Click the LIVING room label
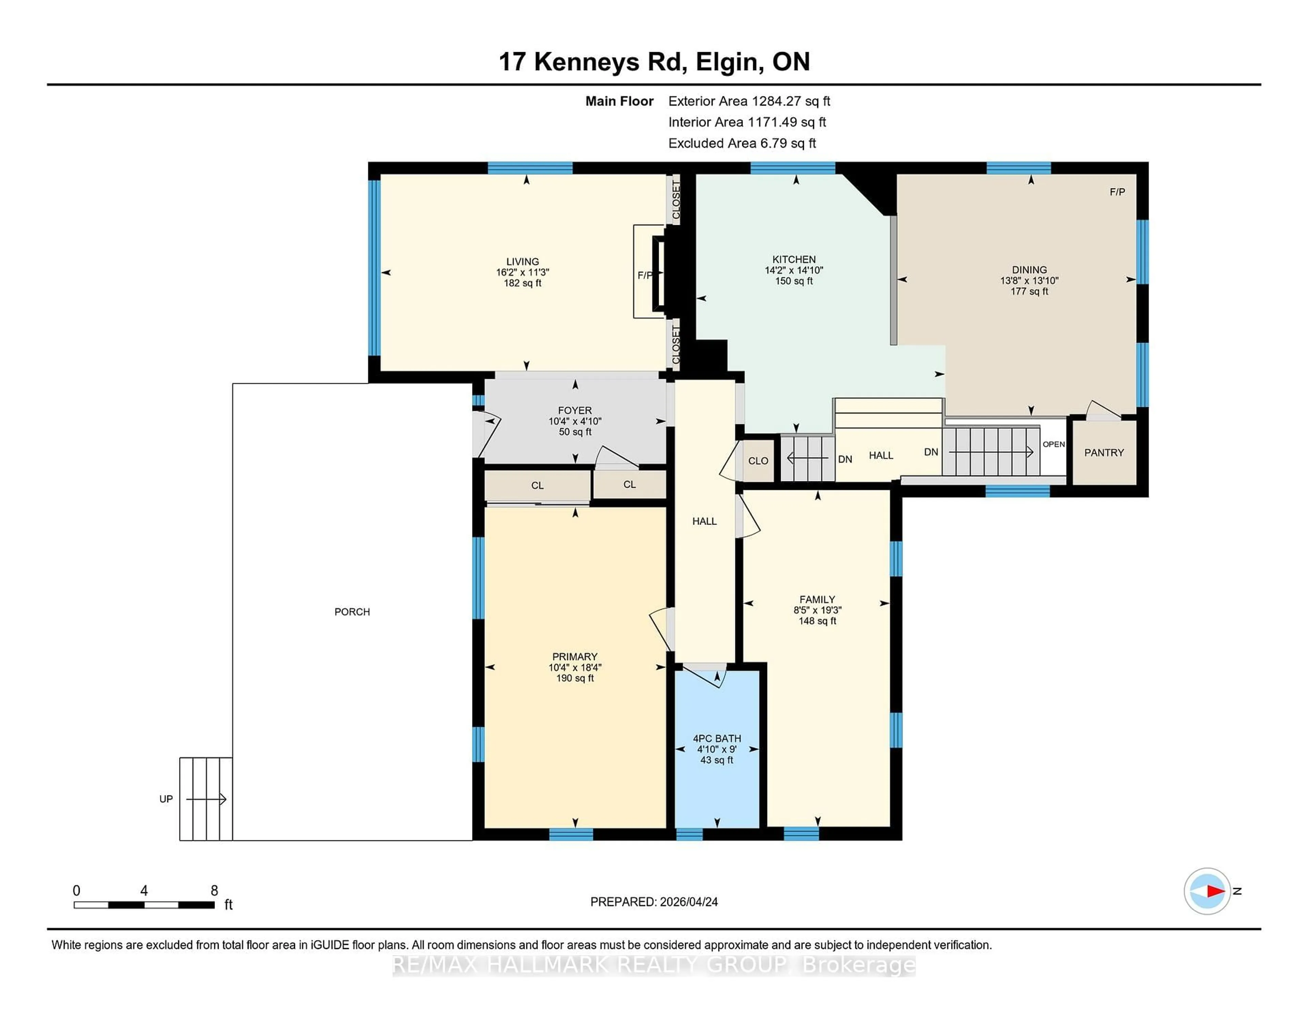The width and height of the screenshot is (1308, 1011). coord(522,262)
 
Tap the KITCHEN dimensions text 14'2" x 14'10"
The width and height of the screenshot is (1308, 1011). coord(794,270)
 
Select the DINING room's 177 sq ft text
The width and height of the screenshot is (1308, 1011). coord(1029,292)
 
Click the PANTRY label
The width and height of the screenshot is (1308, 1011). coord(1104,453)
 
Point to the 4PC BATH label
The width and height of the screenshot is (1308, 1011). coord(717,738)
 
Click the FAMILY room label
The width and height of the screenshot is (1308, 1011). coord(817,600)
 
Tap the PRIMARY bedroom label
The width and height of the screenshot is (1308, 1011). coord(574,656)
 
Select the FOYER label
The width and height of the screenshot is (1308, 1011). coord(574,410)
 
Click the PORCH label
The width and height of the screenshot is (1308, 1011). coord(352,611)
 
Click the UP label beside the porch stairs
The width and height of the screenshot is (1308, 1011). coord(166,799)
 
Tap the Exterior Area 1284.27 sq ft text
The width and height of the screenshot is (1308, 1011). coord(749,101)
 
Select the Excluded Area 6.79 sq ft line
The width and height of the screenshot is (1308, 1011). coord(742,143)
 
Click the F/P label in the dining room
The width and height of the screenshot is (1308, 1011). coord(1117,192)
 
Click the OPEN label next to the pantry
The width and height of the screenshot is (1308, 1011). coord(1054,445)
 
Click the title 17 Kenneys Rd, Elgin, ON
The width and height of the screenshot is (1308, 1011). coord(654,62)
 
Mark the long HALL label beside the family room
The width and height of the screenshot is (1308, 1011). coord(704,521)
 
